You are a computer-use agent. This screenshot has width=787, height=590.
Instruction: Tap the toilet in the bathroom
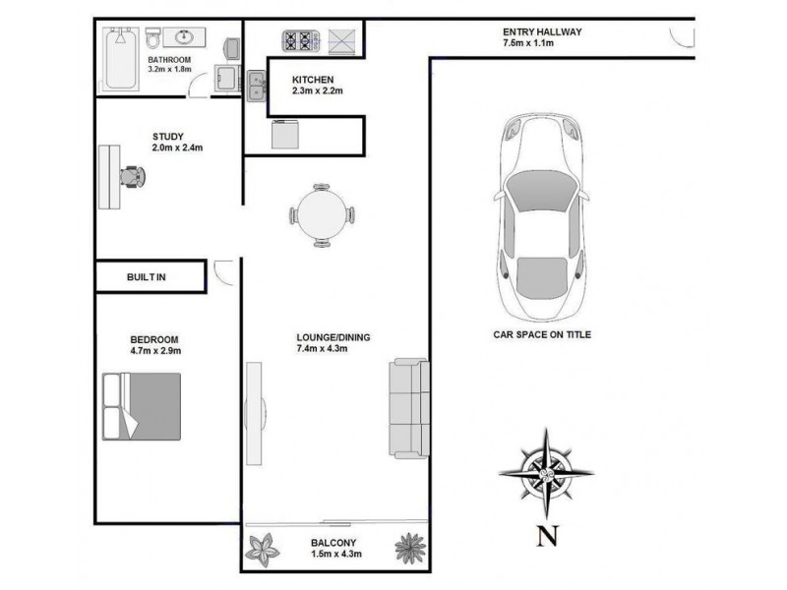pos(153,39)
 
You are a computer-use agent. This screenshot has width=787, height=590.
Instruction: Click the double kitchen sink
pos(256,87)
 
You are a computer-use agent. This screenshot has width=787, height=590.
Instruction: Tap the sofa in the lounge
pos(408,407)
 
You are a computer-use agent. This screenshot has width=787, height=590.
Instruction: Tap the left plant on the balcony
pos(264,547)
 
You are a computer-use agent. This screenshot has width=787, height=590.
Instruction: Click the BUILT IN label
pos(147,277)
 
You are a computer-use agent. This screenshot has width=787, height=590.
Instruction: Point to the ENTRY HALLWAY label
pos(542,31)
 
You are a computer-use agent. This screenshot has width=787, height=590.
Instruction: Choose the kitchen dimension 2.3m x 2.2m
pos(317,90)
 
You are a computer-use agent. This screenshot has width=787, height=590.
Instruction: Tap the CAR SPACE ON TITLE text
pos(542,334)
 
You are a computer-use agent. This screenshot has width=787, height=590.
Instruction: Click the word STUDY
pos(168,137)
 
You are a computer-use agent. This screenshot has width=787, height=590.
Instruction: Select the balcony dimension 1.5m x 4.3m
pos(335,555)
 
